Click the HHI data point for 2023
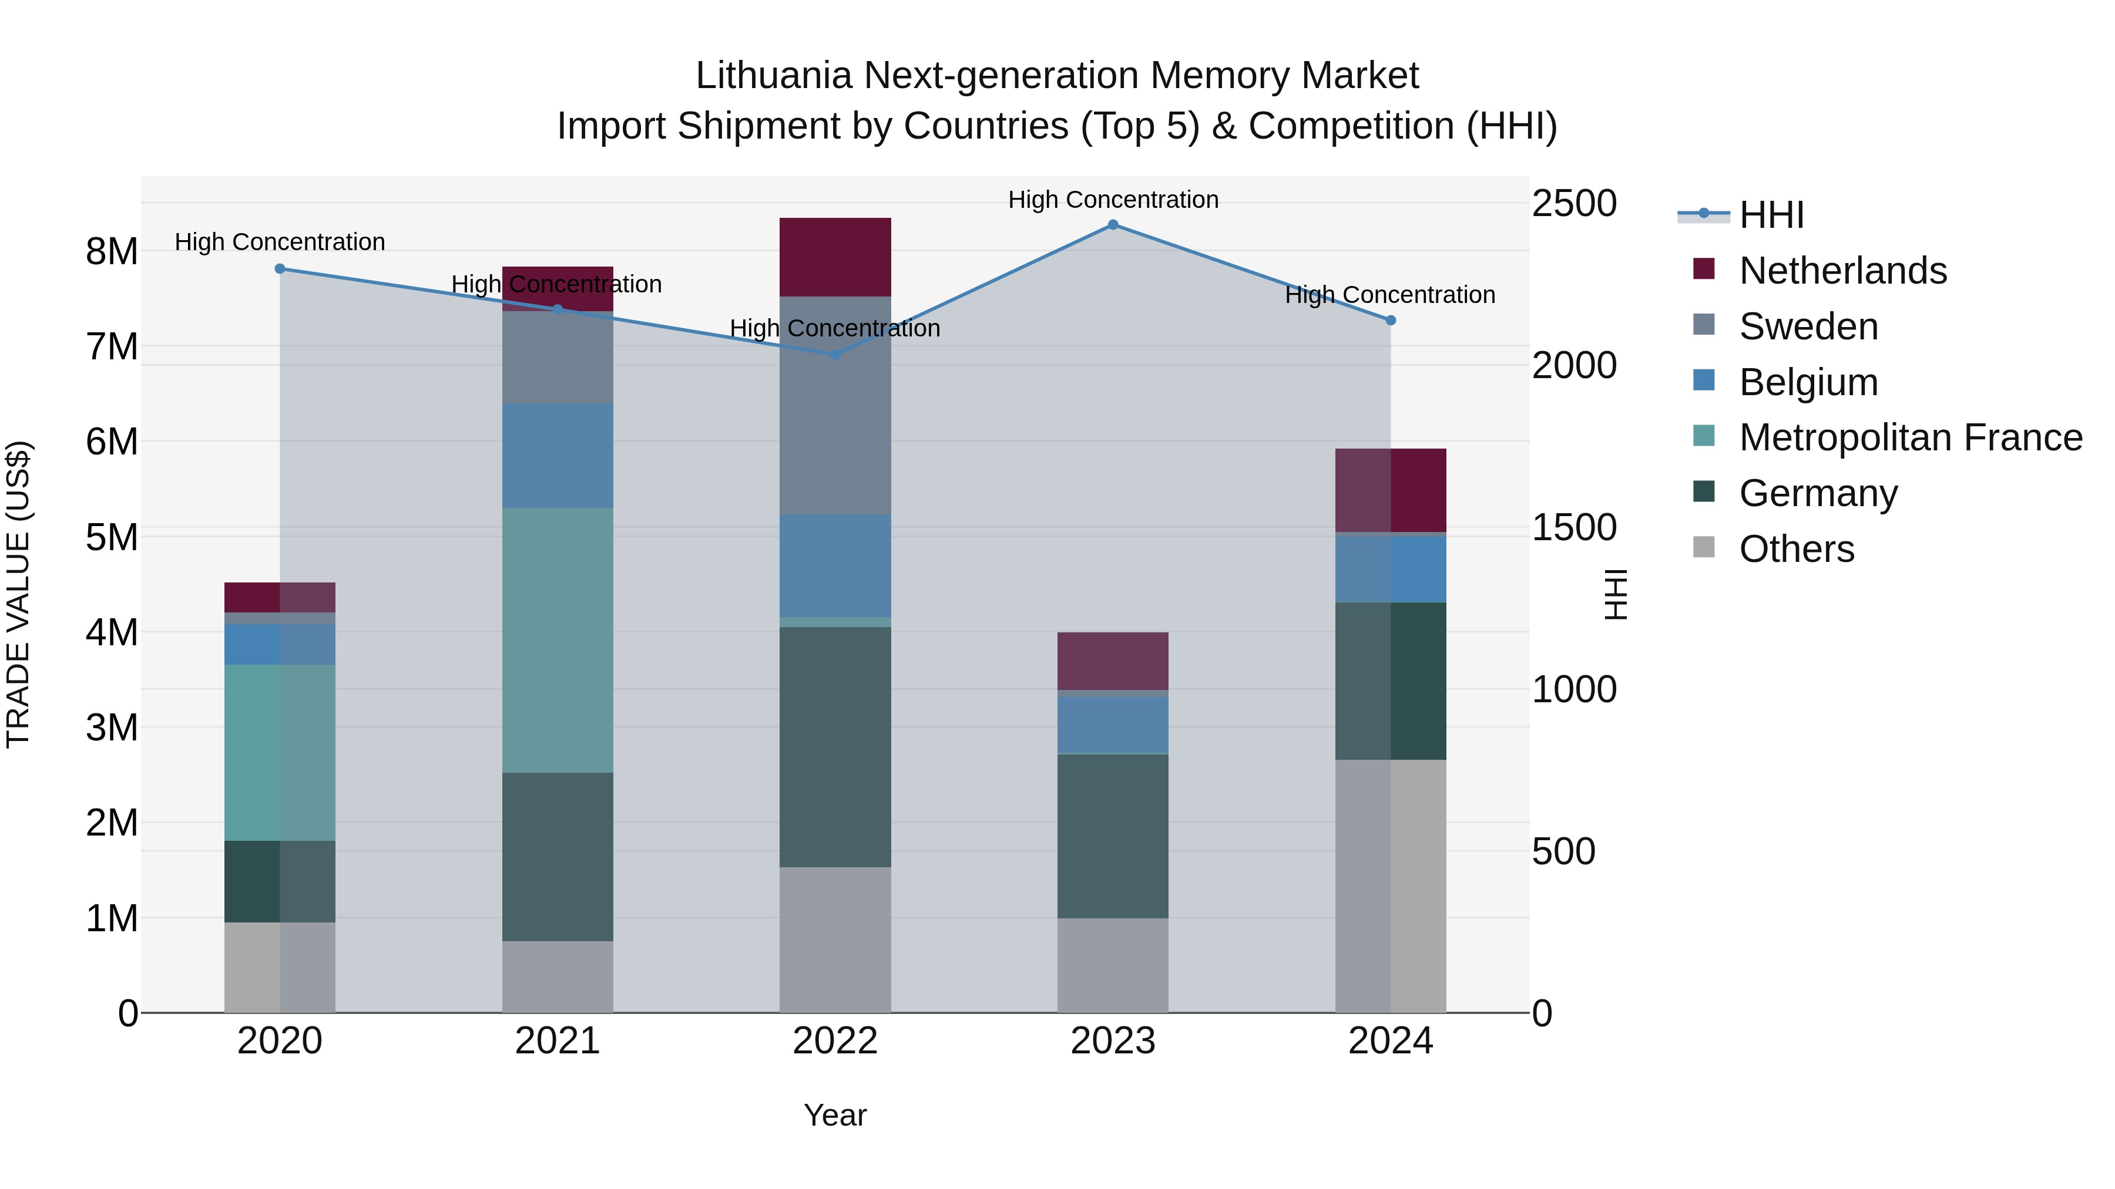pos(1113,225)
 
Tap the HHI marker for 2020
pos(280,268)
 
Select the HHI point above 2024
pos(1390,321)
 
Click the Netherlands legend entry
pos(1842,271)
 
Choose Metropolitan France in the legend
pos(1910,437)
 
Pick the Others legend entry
pos(1797,549)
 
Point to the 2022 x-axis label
pos(835,1041)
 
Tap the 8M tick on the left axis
pos(112,251)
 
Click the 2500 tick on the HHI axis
pos(1574,204)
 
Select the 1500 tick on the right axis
pos(1574,528)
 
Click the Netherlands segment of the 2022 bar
pos(835,257)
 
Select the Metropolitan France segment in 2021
pos(558,640)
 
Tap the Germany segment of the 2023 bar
pos(1113,836)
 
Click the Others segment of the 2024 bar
pos(1390,886)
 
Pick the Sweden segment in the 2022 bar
pos(835,405)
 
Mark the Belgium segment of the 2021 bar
pos(558,456)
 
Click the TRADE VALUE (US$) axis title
pos(19,594)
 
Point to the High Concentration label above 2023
pos(1113,200)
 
